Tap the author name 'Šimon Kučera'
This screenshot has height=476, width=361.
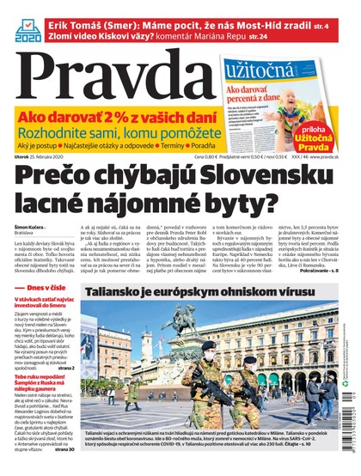(31, 225)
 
